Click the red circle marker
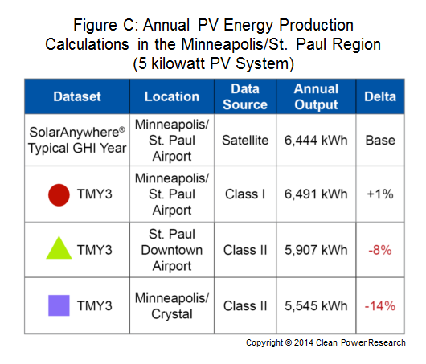pos(59,195)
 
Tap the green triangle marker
pos(59,247)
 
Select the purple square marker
pos(59,305)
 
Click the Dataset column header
pos(77,96)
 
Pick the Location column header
pos(172,96)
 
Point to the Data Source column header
pos(245,96)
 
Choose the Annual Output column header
pos(316,97)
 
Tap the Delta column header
pos(380,96)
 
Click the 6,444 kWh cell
pos(316,141)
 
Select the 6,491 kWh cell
pos(316,194)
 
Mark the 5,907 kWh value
pos(316,250)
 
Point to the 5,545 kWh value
pos(316,306)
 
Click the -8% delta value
pos(380,250)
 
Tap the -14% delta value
pos(380,306)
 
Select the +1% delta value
pos(380,194)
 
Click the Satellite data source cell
pos(245,141)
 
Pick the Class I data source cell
pos(245,194)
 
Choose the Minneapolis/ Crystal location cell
pos(172,306)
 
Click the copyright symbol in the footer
pos(289,342)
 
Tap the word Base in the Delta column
pos(380,141)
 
